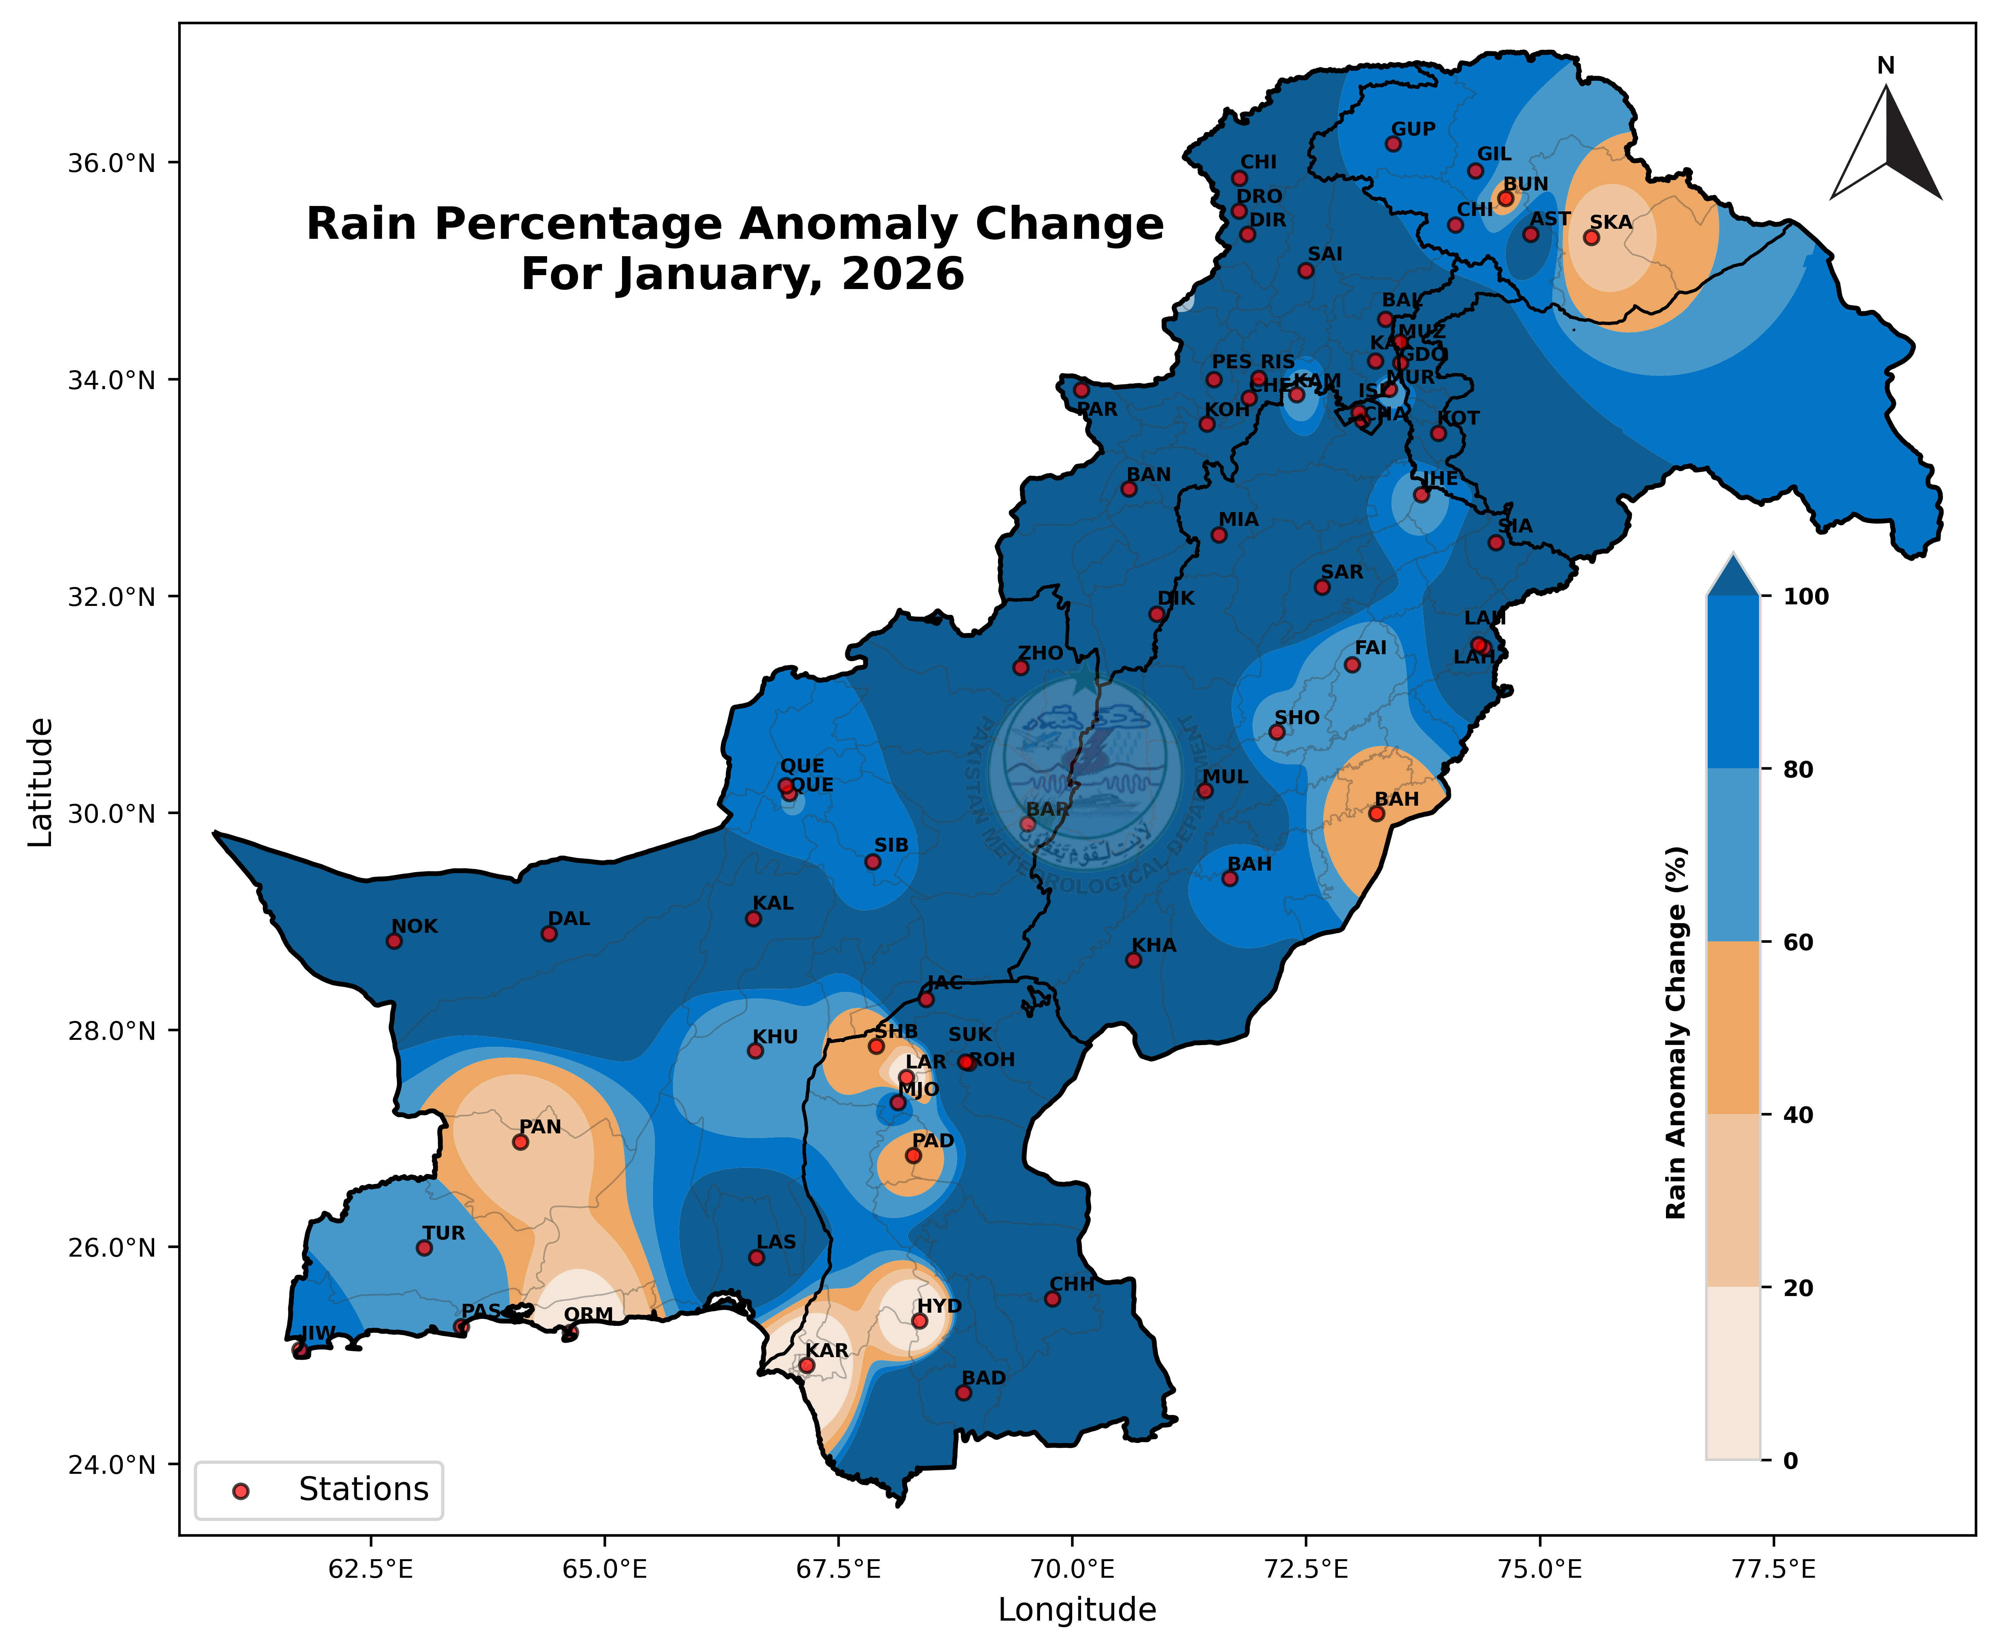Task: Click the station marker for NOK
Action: [x=394, y=941]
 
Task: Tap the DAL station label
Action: [x=569, y=919]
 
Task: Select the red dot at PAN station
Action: [x=520, y=1141]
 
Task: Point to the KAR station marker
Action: [x=807, y=1365]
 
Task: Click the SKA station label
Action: [x=1611, y=223]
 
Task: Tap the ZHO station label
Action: [x=1040, y=653]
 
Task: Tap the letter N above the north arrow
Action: [x=1886, y=66]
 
